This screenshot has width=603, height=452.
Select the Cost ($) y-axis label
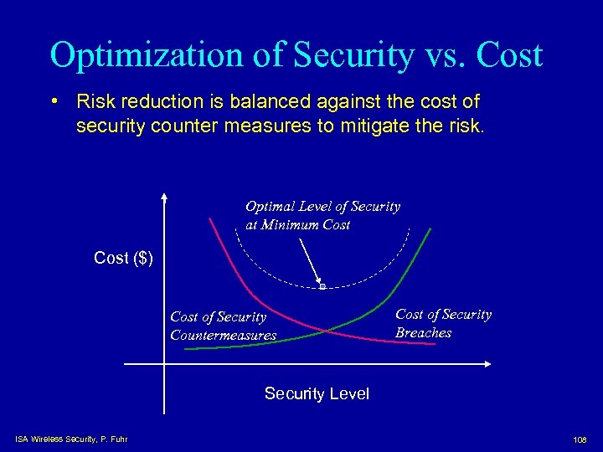tap(123, 258)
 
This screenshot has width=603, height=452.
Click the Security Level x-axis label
tap(316, 393)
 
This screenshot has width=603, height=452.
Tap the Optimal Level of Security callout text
tap(322, 215)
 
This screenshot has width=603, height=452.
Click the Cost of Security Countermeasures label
tap(223, 326)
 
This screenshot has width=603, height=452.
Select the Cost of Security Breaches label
tap(443, 323)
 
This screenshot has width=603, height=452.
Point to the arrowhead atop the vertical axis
tap(165, 198)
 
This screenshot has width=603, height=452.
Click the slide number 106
tap(579, 439)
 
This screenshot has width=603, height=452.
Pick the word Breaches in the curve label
tap(423, 332)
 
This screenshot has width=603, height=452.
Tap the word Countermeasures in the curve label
tap(223, 335)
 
